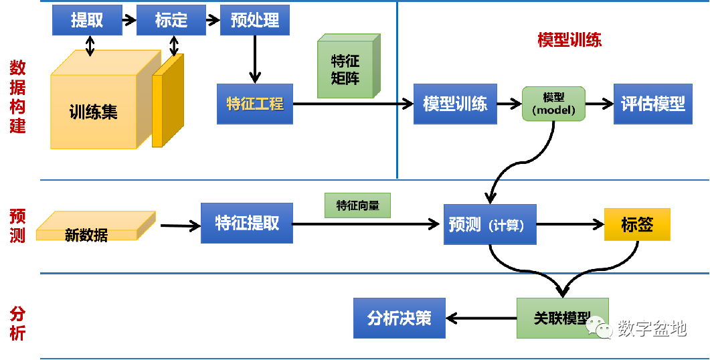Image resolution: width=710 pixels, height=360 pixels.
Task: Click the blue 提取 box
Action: [x=87, y=20]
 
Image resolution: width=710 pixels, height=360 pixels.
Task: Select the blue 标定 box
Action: [x=171, y=20]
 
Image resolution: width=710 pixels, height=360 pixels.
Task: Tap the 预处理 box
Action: [x=255, y=20]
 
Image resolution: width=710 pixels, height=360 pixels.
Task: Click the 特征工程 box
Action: [x=255, y=104]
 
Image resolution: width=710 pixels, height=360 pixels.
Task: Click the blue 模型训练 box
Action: [x=455, y=104]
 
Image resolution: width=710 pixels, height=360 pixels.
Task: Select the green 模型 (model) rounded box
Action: [x=553, y=104]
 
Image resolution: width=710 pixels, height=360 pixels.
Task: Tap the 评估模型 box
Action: [x=652, y=104]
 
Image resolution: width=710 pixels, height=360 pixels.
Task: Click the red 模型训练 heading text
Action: [x=569, y=40]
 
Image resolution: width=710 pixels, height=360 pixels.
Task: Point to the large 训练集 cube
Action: [x=94, y=110]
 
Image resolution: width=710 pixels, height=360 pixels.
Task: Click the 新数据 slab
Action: [x=94, y=228]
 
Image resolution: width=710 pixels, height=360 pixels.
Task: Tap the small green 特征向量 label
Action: [x=357, y=205]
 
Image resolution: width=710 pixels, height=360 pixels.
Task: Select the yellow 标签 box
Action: [x=636, y=224]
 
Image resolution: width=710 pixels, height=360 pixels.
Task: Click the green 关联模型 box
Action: [x=562, y=319]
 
